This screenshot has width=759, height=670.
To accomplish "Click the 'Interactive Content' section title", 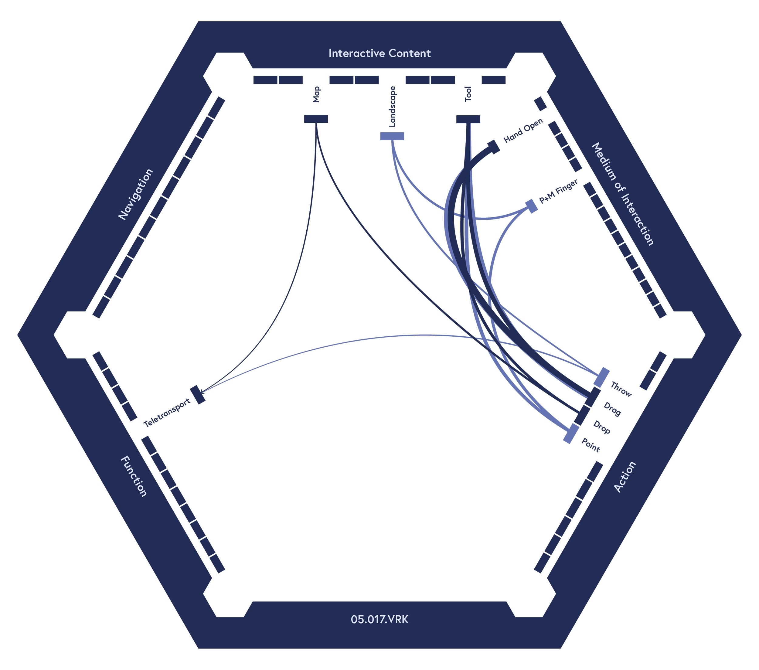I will point(379,53).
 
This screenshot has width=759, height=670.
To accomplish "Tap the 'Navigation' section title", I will point(135,194).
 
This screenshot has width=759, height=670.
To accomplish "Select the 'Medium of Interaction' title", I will point(622,194).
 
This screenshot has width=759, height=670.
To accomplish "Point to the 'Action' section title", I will point(625,477).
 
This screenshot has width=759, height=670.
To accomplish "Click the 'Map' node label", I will point(316,94).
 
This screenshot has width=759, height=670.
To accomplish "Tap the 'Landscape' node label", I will point(393,107).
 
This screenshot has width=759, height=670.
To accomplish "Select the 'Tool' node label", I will point(468,94).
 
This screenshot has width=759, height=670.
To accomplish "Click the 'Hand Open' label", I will point(523,131).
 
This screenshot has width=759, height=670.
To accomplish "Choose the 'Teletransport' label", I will point(167,412).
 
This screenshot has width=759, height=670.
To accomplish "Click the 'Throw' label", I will point(621,389).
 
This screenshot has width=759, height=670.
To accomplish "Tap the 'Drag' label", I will point(612,409).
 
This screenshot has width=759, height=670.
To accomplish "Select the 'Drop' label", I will point(601,427).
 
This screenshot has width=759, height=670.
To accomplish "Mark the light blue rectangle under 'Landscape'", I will point(392,136).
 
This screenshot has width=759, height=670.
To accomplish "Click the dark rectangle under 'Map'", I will point(316,119).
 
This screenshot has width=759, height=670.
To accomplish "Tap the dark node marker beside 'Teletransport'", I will point(198,395).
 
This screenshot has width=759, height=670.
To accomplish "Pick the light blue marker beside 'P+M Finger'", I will point(532,206).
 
